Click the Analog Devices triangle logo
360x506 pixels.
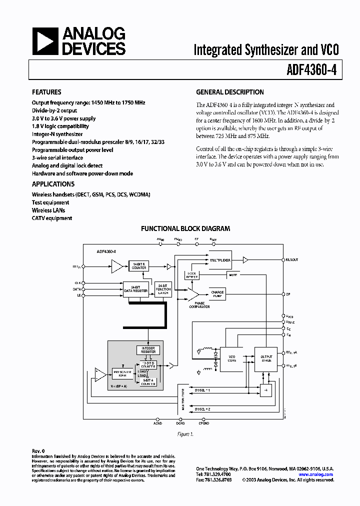pyautogui.click(x=45, y=41)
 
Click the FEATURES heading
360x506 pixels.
pyautogui.click(x=46, y=92)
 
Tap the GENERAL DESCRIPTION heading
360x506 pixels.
pyautogui.click(x=229, y=92)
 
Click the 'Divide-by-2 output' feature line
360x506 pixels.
pyautogui.click(x=54, y=110)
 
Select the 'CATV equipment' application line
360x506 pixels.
pyautogui.click(x=52, y=218)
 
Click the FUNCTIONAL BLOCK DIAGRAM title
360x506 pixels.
pyautogui.click(x=185, y=228)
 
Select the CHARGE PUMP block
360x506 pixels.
pyautogui.click(x=217, y=294)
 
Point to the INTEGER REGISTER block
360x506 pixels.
pyautogui.click(x=148, y=349)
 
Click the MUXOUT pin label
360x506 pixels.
pyautogui.click(x=292, y=259)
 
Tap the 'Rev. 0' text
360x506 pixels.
pyautogui.click(x=38, y=450)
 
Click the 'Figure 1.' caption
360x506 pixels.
pyautogui.click(x=185, y=434)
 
